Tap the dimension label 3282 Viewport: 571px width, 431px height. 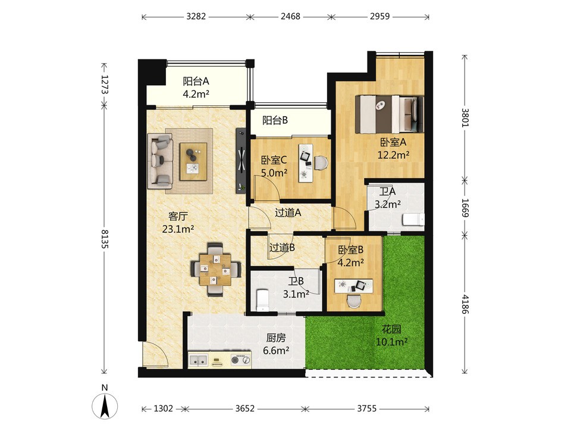196,17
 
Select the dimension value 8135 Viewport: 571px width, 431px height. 105,239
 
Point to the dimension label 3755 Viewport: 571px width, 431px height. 366,408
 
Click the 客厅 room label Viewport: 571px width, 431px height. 178,217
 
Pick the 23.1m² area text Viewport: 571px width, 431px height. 178,229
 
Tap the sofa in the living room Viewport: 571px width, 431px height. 160,161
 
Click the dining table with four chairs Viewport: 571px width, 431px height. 215,269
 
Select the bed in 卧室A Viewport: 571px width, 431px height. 389,114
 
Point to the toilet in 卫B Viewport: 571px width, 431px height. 262,300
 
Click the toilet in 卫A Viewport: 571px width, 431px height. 413,220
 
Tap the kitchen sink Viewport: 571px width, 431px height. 198,360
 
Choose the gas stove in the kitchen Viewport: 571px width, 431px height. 241,360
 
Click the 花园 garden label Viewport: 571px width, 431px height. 391,329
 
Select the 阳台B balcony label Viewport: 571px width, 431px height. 275,120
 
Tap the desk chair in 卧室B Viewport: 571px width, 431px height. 353,301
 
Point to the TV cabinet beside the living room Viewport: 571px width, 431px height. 241,160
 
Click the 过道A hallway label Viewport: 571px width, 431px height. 288,213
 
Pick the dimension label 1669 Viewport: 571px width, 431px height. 465,208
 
